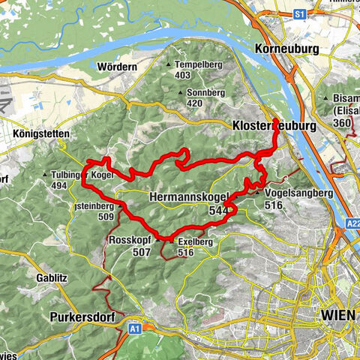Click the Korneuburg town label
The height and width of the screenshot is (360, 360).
(287, 49)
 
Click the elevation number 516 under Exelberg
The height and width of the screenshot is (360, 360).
(187, 253)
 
